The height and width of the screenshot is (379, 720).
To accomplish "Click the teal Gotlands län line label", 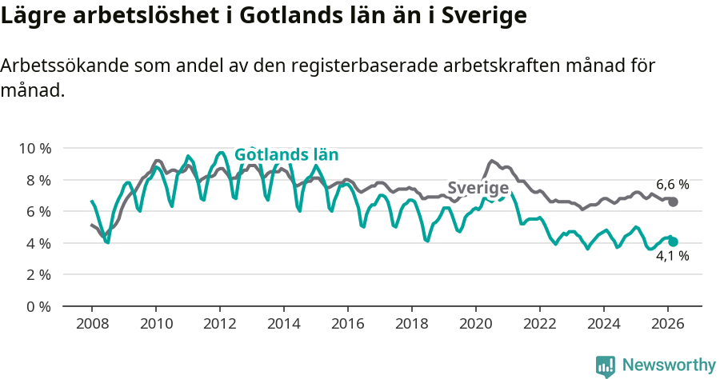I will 286,155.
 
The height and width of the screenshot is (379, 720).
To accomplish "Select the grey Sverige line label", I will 478,188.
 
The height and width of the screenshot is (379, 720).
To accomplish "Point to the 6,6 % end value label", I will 672,184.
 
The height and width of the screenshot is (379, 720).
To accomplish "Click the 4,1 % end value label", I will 672,257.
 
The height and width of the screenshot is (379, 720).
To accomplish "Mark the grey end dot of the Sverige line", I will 673,202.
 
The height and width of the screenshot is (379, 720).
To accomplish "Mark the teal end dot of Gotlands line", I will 673,241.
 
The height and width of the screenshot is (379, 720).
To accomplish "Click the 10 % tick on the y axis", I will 34,149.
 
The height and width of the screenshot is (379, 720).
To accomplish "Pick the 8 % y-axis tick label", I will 38,180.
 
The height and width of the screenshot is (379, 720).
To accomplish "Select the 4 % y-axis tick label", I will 38,243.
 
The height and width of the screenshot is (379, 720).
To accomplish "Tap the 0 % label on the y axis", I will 38,306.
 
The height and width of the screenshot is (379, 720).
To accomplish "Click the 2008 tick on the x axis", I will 91,324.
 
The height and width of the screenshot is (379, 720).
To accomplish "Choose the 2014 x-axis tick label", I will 283,324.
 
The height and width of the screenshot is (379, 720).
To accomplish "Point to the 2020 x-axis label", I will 476,324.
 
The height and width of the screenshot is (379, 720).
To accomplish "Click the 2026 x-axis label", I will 668,324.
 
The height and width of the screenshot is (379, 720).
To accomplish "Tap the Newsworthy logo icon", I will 606,366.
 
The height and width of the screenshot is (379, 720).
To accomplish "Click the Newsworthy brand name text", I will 668,365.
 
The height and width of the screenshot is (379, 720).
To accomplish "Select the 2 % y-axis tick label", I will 38,274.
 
